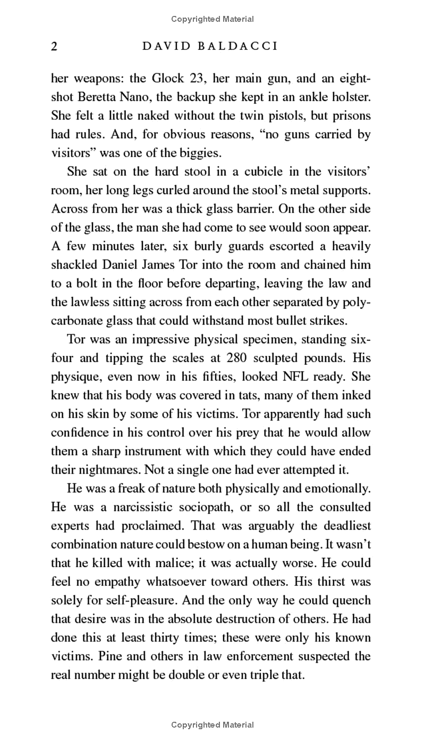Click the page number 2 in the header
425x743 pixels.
coord(54,46)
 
